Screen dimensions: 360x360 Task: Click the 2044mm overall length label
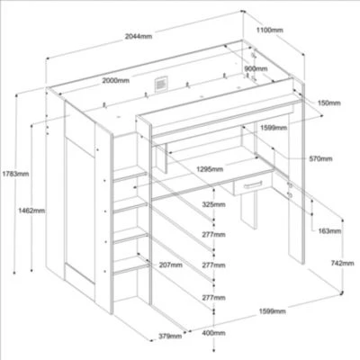pos(139,37)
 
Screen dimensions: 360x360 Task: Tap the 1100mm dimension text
pos(270,30)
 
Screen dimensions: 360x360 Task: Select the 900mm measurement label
pos(256,68)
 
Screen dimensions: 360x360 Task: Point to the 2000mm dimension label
pos(116,80)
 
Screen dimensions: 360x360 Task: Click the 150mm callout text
pos(329,103)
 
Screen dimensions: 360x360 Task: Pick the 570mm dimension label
pos(321,158)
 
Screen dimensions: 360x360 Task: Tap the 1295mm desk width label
pos(210,169)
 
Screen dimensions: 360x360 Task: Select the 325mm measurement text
pos(213,204)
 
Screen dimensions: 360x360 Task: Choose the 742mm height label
pos(342,263)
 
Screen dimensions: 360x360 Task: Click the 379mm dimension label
pos(170,336)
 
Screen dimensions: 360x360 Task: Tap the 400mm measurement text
pos(213,333)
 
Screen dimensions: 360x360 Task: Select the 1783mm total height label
pos(15,174)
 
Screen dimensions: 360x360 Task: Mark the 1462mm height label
pos(31,211)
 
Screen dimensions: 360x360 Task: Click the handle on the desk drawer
pos(253,184)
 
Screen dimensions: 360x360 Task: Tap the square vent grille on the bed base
pos(161,83)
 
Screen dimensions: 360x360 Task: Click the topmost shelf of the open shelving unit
pos(130,174)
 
